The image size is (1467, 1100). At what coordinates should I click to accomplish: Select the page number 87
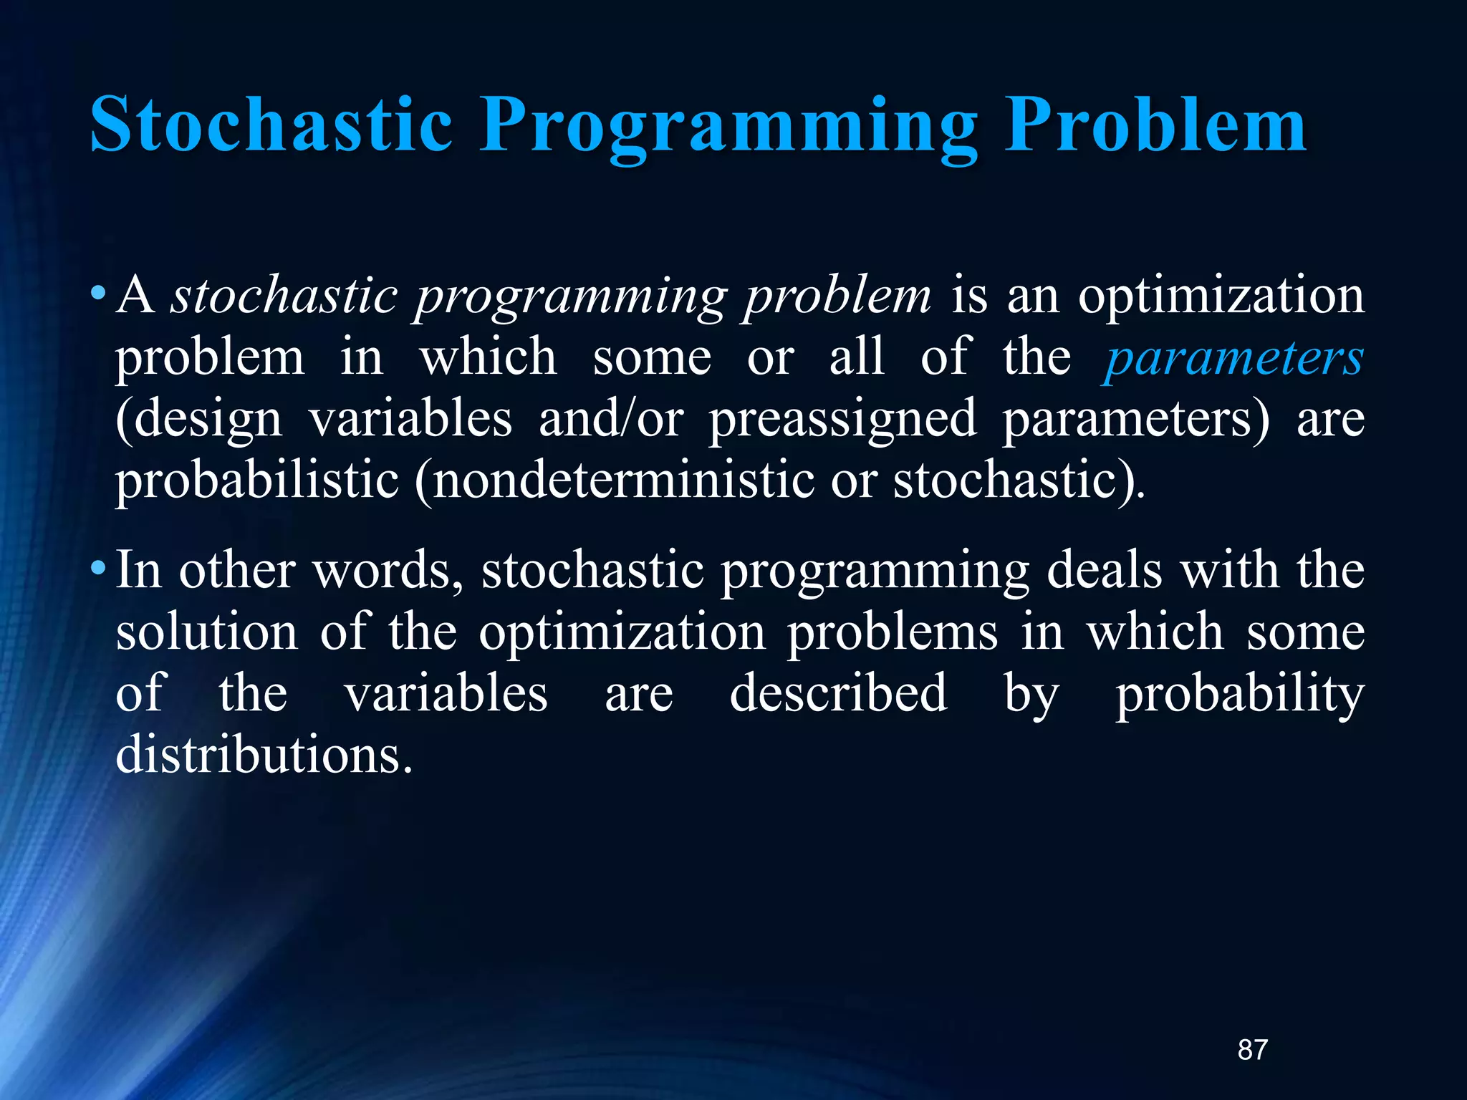(x=1253, y=1050)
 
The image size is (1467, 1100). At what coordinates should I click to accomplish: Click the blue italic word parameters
(x=1232, y=358)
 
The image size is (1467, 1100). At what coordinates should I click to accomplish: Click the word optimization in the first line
(x=1221, y=295)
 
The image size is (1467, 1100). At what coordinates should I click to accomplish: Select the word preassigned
(x=842, y=419)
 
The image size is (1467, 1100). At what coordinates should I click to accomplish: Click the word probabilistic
(x=256, y=480)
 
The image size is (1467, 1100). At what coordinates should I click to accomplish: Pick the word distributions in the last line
(x=264, y=755)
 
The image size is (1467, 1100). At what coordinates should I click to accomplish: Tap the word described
(x=838, y=693)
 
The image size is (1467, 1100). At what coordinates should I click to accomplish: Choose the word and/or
(x=610, y=419)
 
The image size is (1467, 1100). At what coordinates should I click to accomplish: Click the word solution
(x=206, y=632)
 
